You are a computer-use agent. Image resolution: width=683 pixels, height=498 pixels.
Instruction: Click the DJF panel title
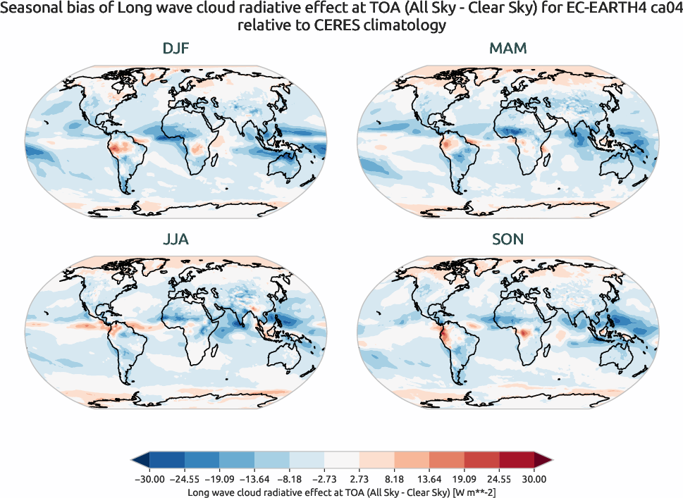click(176, 49)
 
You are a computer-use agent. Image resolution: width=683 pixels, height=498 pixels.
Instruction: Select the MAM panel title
click(507, 49)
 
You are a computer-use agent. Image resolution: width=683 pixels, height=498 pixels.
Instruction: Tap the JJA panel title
click(176, 239)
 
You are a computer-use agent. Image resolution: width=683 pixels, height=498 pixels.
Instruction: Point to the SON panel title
click(507, 239)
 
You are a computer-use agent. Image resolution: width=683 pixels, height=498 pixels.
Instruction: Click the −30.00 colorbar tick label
click(149, 479)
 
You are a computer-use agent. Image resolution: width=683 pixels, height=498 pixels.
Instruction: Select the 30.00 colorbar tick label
click(534, 479)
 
